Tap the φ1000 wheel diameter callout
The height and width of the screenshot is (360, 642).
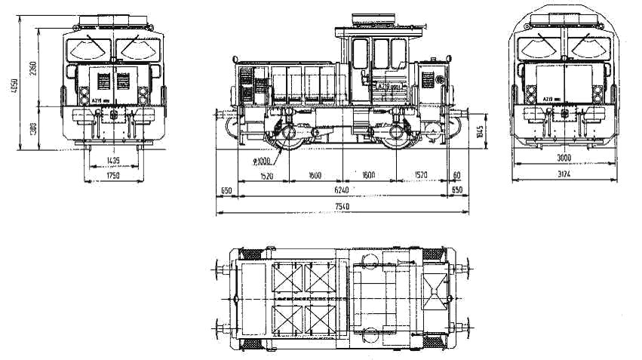pos(263,161)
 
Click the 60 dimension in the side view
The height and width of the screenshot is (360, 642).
pos(456,175)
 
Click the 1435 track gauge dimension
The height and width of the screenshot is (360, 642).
pos(112,161)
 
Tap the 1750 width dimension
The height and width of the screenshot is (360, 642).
pos(112,176)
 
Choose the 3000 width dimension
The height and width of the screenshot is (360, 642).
pos(564,158)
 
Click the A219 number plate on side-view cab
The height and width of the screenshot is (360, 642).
pos(388,88)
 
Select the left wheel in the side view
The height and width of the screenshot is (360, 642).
pos(287,139)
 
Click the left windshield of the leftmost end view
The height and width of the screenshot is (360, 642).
pos(89,48)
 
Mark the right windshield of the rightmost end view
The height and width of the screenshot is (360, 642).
pos(587,49)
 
